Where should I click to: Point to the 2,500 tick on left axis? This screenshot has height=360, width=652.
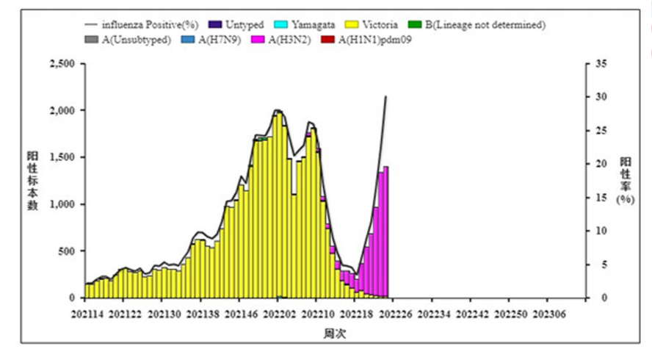[x=60, y=64]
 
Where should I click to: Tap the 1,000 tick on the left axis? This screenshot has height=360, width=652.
[x=60, y=204]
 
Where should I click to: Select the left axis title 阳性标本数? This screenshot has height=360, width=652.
[x=33, y=181]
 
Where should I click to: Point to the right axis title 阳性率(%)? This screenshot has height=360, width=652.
[x=625, y=181]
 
